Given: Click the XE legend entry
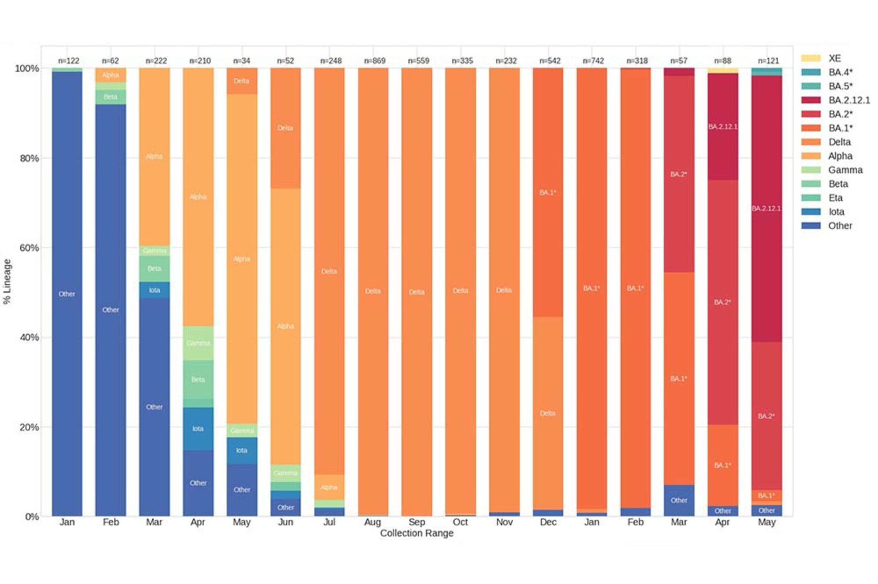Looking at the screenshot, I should pos(834,58).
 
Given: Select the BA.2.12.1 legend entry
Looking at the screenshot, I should pos(849,100).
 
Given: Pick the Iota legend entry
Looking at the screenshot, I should pos(836,212).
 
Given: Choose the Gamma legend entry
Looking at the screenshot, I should pos(845,170).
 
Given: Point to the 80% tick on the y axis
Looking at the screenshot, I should pos(29,158).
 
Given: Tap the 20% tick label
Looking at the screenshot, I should pos(29,427).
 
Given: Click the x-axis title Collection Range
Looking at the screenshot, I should pos(416,533).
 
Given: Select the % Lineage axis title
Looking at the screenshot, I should pos(7,281).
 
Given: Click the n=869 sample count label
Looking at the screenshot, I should pos(374,61).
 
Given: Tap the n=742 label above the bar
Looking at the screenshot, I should pos(593,61).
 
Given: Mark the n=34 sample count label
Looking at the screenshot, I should pos(241,61).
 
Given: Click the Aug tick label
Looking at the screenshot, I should pos(372,522).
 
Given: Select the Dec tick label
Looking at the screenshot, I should pos(548,522).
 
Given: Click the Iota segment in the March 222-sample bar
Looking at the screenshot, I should pos(154,290).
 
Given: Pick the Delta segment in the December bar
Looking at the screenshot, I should pos(548,413).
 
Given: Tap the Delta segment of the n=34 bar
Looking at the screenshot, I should pos(241,81).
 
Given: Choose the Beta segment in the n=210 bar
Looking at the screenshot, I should pos(198,380).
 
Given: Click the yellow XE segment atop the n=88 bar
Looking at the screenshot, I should pos(722,71).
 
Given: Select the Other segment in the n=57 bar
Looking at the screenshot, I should pos(679,500).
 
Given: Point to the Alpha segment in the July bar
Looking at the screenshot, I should pos(329,487).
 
